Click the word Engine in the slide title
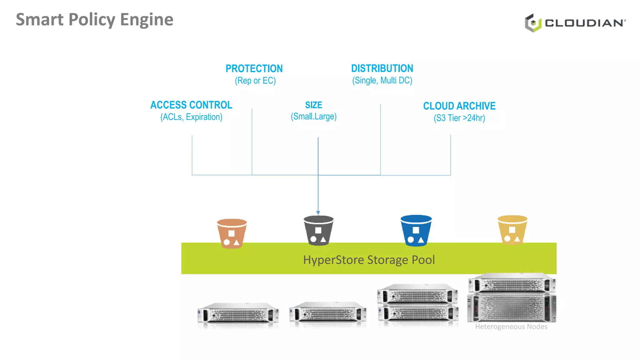click(147, 20)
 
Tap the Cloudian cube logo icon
click(533, 23)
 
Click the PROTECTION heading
click(254, 68)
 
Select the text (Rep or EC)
click(255, 81)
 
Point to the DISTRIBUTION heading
click(382, 68)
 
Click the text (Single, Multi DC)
click(382, 80)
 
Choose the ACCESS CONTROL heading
click(191, 105)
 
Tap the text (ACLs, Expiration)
click(191, 117)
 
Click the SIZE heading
click(313, 105)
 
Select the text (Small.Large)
click(313, 117)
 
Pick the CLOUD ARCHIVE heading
click(459, 106)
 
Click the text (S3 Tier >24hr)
click(459, 118)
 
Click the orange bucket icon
click(232, 234)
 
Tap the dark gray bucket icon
click(318, 231)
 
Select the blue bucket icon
click(416, 231)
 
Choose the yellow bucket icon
click(512, 230)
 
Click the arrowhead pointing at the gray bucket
click(318, 213)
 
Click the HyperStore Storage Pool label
click(369, 260)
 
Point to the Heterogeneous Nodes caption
click(511, 327)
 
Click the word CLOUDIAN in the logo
click(584, 23)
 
